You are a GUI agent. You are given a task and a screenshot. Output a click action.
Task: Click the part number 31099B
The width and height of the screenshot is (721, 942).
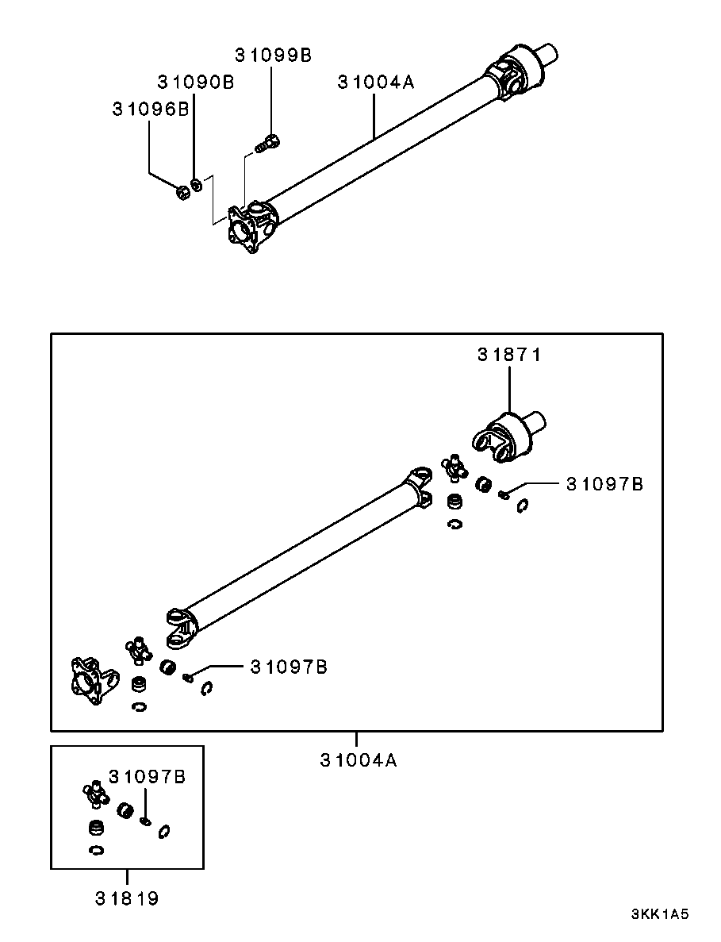click(x=273, y=55)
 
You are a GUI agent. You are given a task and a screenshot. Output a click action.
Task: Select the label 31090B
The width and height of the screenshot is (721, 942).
click(x=195, y=82)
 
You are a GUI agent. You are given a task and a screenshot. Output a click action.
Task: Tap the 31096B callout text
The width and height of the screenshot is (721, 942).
click(x=150, y=110)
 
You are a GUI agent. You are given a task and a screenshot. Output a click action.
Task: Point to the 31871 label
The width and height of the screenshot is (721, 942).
click(x=508, y=355)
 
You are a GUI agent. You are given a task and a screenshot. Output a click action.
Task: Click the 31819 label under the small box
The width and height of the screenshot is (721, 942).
click(x=127, y=898)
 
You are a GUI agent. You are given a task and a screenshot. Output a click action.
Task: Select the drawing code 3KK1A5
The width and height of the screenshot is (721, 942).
click(x=659, y=914)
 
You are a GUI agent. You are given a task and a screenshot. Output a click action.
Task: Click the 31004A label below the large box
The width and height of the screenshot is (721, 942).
click(x=359, y=759)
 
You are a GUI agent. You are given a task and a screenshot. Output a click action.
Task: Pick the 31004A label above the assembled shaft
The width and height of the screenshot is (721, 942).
click(x=376, y=82)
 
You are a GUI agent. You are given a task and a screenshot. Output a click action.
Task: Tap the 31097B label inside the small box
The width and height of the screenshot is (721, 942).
click(x=147, y=776)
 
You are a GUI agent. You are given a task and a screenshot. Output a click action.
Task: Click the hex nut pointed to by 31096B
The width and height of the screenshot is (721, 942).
click(x=181, y=190)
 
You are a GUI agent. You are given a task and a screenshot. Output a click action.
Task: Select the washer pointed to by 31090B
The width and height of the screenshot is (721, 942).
click(x=197, y=186)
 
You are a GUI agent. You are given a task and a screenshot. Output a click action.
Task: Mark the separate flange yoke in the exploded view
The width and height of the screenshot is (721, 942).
click(x=90, y=680)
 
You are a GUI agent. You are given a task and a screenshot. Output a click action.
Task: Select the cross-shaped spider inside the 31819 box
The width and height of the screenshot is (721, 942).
click(x=94, y=793)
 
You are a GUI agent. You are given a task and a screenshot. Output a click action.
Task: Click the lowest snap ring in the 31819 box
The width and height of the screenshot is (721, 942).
click(x=96, y=851)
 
